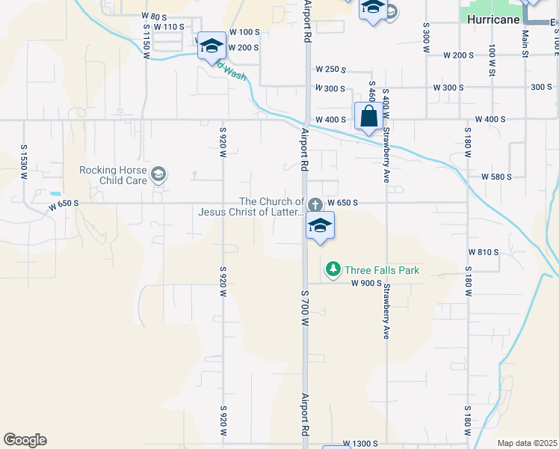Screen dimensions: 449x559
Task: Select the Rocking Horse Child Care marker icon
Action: point(158,175)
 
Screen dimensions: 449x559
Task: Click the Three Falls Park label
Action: point(381,269)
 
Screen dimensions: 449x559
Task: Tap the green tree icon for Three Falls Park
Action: point(332,269)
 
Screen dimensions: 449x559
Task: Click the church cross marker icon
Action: point(315,204)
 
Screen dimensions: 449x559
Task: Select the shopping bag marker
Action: point(368,117)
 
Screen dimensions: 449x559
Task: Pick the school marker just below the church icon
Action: point(320,226)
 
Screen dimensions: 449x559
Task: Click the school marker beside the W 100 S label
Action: point(211,46)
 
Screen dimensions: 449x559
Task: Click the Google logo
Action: point(25,440)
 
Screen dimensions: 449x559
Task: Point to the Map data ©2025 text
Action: point(527,443)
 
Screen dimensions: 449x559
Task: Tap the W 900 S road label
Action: point(367,283)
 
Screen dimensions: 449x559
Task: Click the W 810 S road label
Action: point(483,252)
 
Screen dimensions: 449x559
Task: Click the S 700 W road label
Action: point(304,308)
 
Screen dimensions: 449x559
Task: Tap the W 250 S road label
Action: point(330,69)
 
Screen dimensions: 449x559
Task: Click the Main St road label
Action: point(525,42)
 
